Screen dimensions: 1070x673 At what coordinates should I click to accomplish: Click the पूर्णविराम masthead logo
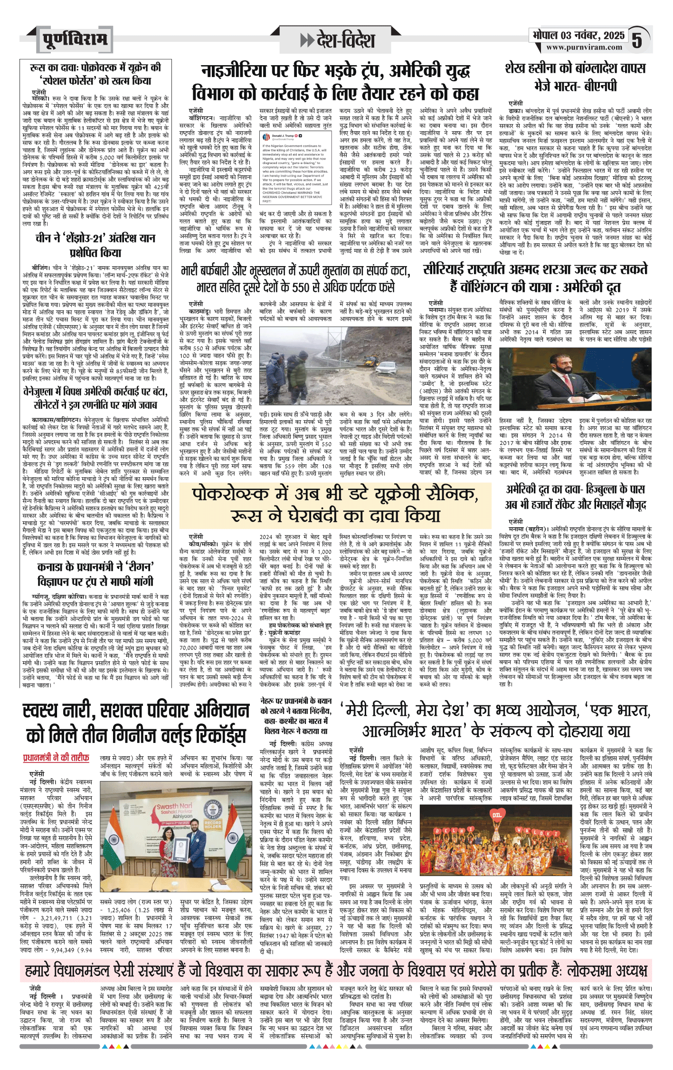[x=75, y=39]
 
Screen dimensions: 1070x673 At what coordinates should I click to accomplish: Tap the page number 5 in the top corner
[x=637, y=40]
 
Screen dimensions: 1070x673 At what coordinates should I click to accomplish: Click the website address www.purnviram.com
[x=584, y=48]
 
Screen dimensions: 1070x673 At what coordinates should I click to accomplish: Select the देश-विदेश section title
[x=338, y=40]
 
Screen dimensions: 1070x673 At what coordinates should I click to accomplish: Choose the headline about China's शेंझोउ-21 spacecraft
[x=95, y=245]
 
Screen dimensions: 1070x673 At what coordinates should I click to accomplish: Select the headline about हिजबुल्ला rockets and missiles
[x=575, y=496]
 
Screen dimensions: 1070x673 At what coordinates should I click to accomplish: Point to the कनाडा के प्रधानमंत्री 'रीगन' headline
[x=95, y=574]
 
